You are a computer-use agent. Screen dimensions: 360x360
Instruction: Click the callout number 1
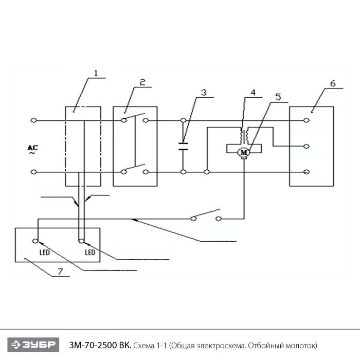95,74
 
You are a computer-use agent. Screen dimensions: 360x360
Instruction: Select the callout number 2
142,82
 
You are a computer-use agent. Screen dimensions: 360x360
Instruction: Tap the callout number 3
204,93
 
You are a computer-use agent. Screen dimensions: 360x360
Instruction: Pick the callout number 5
278,97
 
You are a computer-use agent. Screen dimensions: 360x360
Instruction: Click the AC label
31,149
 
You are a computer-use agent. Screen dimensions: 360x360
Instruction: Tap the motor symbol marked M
244,151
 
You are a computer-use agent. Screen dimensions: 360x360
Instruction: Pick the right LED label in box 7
90,253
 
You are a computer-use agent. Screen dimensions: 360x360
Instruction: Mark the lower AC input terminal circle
33,171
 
